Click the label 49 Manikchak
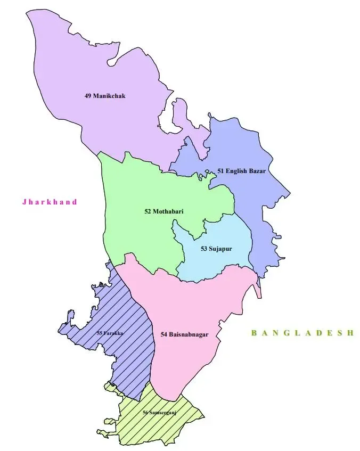click(x=108, y=96)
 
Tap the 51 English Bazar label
click(x=241, y=171)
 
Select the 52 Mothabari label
click(x=164, y=211)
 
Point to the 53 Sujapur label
click(x=216, y=249)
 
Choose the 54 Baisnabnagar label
click(x=184, y=334)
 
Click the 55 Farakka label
click(x=110, y=333)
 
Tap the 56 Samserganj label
click(x=159, y=413)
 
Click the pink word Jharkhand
click(x=50, y=202)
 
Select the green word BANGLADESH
click(x=302, y=333)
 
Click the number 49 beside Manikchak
click(x=88, y=96)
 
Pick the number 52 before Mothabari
click(x=148, y=211)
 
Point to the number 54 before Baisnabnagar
click(x=164, y=334)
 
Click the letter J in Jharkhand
click(x=24, y=202)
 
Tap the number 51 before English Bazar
click(x=220, y=171)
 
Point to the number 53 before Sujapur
click(x=204, y=249)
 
